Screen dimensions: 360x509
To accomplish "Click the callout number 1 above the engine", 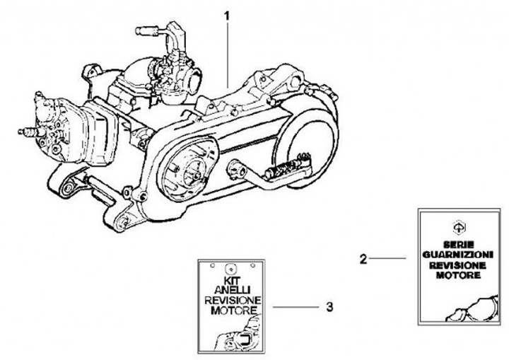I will (x=228, y=15).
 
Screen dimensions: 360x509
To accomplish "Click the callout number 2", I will (x=363, y=260).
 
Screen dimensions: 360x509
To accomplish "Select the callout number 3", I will (x=330, y=308).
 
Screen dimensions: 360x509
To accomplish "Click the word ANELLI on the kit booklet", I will (x=229, y=290).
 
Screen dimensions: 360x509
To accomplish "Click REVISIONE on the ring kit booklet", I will (x=230, y=300).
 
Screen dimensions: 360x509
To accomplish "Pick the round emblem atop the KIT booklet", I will (x=230, y=268).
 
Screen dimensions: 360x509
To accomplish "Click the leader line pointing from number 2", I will (x=387, y=260).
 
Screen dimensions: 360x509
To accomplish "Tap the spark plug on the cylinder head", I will (x=30, y=132).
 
